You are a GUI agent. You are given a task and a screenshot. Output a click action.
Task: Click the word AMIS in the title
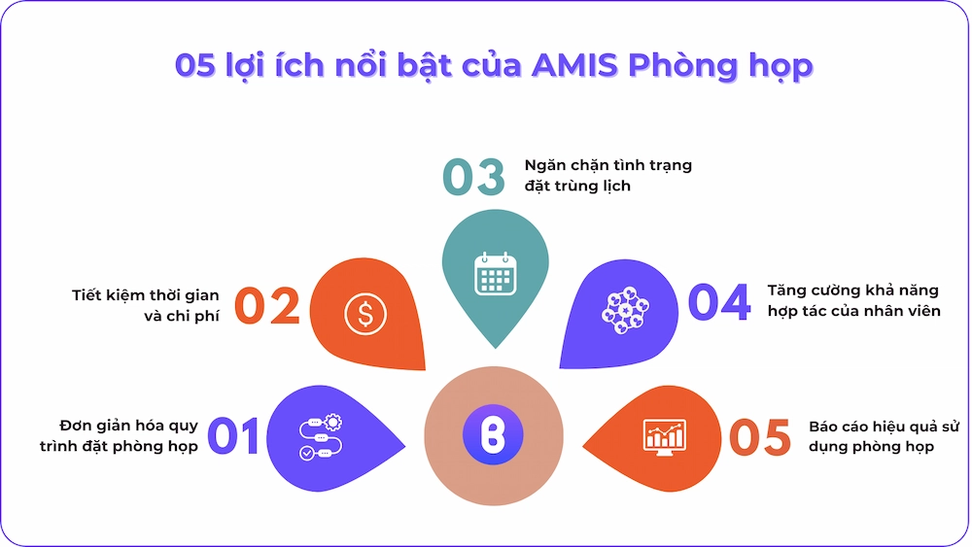[574, 66]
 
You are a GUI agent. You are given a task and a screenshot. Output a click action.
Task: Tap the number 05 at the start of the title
[194, 66]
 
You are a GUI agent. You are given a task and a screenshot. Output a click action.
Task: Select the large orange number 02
[268, 306]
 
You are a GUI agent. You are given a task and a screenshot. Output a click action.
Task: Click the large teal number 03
[474, 177]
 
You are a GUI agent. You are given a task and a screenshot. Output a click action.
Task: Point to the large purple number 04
[719, 302]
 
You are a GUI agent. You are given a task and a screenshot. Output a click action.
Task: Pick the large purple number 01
[233, 435]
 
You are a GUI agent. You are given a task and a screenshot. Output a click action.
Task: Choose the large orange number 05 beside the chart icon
[760, 437]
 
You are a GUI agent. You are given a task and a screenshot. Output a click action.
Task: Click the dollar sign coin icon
[365, 314]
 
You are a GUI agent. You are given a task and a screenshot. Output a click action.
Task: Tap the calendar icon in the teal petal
[496, 273]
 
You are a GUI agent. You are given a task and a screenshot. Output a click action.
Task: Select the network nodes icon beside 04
[625, 310]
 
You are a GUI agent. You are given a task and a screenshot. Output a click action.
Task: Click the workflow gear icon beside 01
[321, 437]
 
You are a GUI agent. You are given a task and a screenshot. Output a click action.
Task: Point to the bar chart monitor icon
[665, 437]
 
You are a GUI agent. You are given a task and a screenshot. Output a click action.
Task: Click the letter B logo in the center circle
[494, 435]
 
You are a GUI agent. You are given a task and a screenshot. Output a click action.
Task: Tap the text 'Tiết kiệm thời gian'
[146, 295]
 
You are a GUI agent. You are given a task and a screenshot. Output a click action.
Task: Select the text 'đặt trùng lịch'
[577, 186]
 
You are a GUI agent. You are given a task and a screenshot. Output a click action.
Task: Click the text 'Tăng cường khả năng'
[853, 291]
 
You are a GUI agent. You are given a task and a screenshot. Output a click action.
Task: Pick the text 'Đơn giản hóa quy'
[129, 427]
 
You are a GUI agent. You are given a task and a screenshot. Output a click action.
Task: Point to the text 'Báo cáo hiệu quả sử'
[884, 427]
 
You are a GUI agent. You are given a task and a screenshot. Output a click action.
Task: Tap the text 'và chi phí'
[182, 316]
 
